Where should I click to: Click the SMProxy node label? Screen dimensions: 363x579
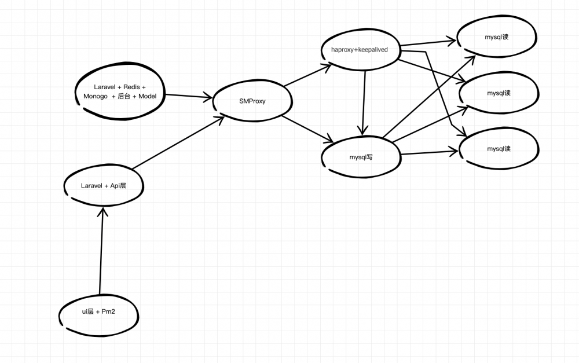tap(252, 101)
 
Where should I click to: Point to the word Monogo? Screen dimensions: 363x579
tap(95, 96)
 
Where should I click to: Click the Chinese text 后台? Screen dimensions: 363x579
tap(124, 96)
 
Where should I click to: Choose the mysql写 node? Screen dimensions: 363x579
tap(361, 156)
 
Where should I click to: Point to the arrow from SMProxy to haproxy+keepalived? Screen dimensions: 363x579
tap(307, 76)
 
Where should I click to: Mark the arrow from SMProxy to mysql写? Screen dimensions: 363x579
tap(307, 129)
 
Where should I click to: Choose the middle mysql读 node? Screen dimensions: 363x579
tap(498, 93)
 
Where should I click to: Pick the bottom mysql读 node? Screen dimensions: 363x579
tap(498, 149)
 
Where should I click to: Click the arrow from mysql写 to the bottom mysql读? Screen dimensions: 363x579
tap(428, 153)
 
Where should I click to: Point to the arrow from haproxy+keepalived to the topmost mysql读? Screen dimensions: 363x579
tap(428, 43)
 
